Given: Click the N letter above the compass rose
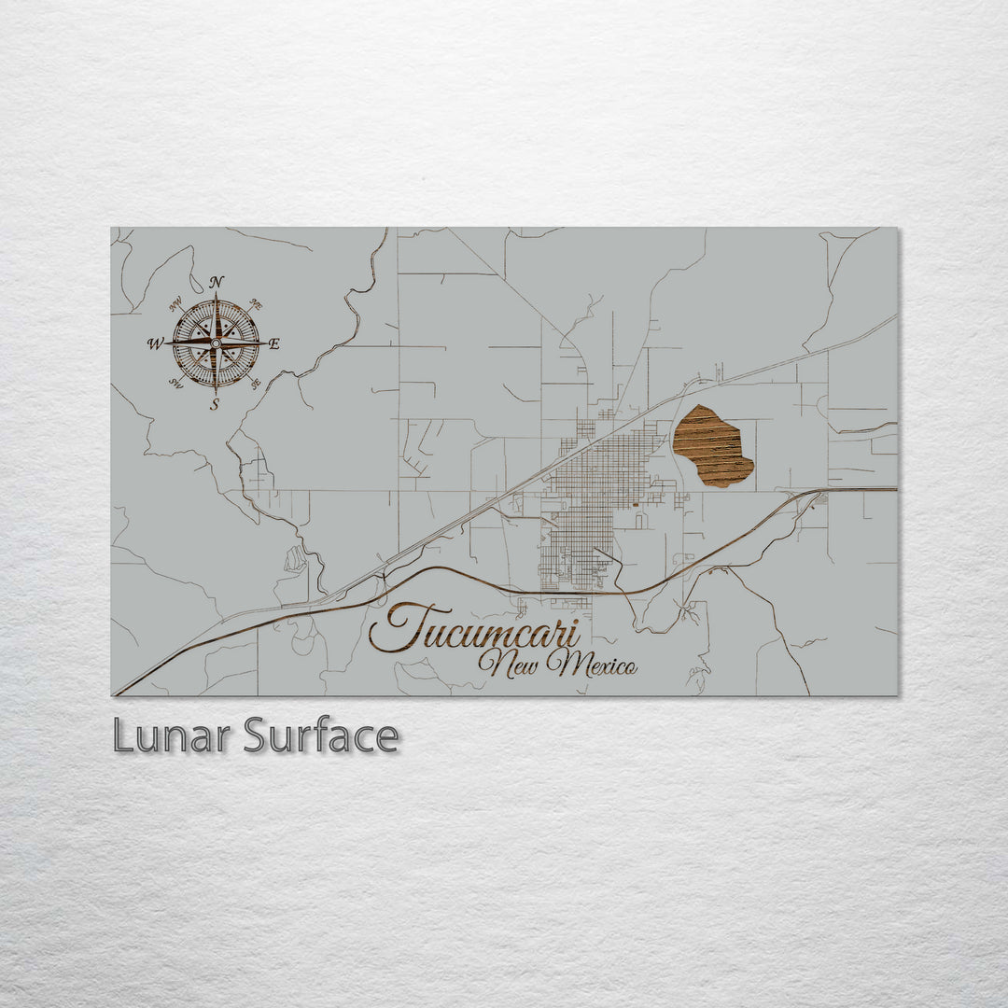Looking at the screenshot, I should (x=217, y=281).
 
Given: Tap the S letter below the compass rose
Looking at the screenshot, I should (x=215, y=404).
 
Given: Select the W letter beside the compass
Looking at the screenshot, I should (x=154, y=343).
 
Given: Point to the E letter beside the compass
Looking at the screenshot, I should (x=273, y=343).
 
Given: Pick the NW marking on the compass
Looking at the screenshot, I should (x=175, y=303).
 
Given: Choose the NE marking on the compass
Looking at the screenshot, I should (x=257, y=304).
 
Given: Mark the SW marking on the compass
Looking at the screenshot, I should (x=175, y=382).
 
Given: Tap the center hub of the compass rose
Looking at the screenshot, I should (x=216, y=343).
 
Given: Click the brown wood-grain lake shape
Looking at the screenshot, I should (x=713, y=445).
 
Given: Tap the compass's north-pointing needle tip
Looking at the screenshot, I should (x=216, y=296).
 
